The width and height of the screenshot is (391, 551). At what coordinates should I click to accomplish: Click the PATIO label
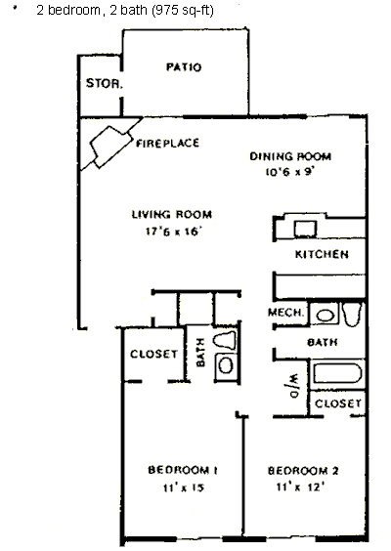[184, 66]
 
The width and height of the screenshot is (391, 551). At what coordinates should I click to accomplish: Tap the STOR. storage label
[105, 83]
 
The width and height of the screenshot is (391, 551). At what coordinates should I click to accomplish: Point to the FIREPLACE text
[167, 143]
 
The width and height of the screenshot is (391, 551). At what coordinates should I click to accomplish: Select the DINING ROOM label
[290, 156]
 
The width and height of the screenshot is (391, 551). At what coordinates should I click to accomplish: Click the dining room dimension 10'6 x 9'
[289, 172]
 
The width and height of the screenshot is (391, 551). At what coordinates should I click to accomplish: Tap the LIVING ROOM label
[172, 214]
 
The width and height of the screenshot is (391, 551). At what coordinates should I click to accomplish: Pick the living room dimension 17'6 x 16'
[173, 232]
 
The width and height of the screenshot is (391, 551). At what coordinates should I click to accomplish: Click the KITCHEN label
[322, 254]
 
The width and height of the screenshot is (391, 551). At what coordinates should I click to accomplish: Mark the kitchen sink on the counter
[305, 230]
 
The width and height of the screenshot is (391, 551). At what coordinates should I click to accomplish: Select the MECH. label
[285, 312]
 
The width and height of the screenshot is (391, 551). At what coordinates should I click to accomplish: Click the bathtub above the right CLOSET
[337, 373]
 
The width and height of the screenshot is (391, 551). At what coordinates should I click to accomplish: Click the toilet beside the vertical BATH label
[225, 340]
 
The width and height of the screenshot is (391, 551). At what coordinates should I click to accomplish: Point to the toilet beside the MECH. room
[352, 314]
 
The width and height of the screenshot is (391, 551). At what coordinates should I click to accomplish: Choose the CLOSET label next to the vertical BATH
[154, 354]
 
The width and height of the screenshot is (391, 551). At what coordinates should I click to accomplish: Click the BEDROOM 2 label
[303, 471]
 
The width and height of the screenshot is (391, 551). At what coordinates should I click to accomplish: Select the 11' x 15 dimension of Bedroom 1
[183, 487]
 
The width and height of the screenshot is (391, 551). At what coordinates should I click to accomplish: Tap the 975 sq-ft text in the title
[183, 10]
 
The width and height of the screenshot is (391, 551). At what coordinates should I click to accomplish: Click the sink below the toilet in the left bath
[226, 365]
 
